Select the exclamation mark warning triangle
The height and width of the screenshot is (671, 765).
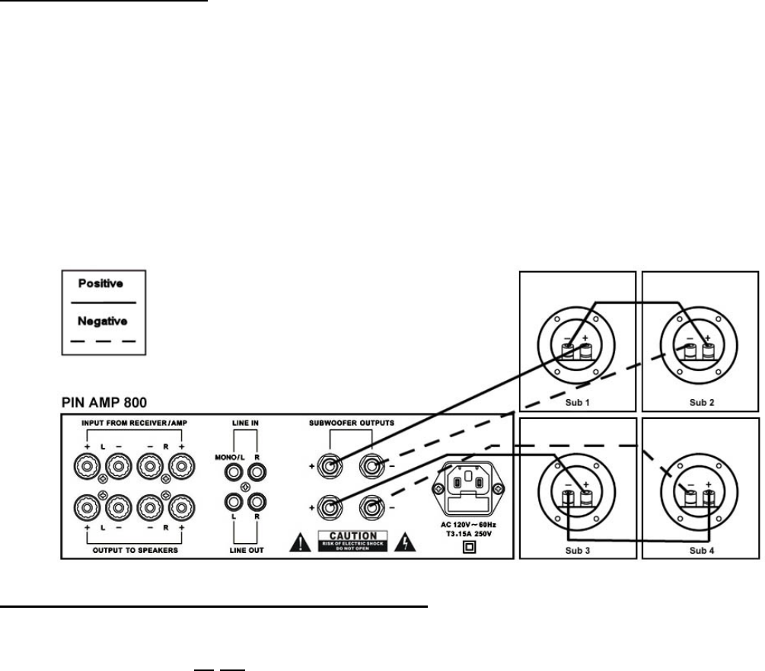click(x=300, y=541)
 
